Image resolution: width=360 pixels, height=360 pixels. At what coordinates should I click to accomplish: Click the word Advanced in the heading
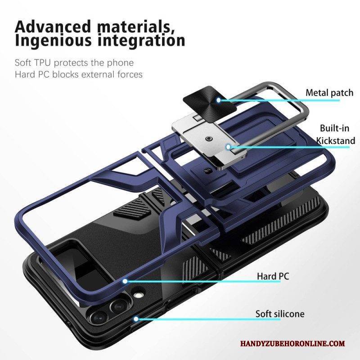coord(53,27)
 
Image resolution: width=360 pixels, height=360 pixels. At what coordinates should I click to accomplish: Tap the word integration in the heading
coord(141,40)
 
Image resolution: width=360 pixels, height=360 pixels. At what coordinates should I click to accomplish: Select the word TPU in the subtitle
coord(42,63)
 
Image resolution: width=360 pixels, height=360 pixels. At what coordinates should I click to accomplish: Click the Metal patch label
coord(329,93)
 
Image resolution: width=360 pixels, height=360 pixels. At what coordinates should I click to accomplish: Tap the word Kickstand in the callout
coord(336,140)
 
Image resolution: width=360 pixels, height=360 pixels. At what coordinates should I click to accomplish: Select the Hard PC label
coord(273,276)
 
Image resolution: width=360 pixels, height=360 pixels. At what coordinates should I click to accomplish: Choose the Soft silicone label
coord(280,314)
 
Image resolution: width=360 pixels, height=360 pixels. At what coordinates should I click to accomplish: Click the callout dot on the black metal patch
coord(219,100)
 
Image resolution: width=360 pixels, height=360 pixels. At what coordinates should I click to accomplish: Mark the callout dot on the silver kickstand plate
coord(228,147)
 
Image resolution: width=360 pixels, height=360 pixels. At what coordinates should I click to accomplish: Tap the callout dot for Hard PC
coord(125,281)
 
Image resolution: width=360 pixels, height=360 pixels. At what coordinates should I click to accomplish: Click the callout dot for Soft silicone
coord(136,319)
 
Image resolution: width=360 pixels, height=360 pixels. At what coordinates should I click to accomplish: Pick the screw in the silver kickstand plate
coord(208,139)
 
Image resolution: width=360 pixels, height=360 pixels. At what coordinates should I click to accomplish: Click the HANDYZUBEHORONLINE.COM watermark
coord(292,344)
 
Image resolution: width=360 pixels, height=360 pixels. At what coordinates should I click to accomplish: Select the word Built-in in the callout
coord(334,128)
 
